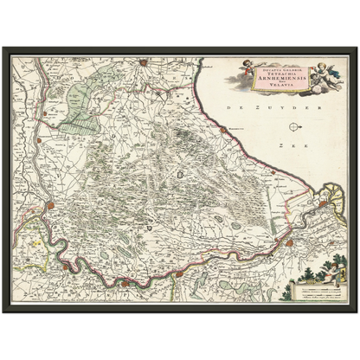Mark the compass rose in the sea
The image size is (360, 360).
[x=295, y=127]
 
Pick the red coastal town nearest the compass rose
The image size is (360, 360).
[x=227, y=129]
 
